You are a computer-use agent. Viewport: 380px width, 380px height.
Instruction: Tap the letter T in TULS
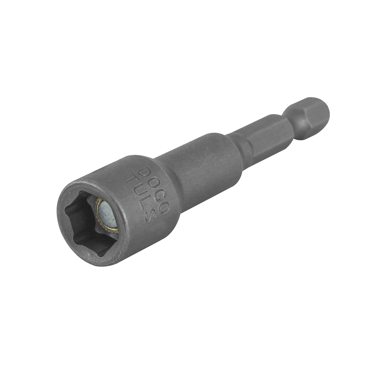click(x=132, y=179)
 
